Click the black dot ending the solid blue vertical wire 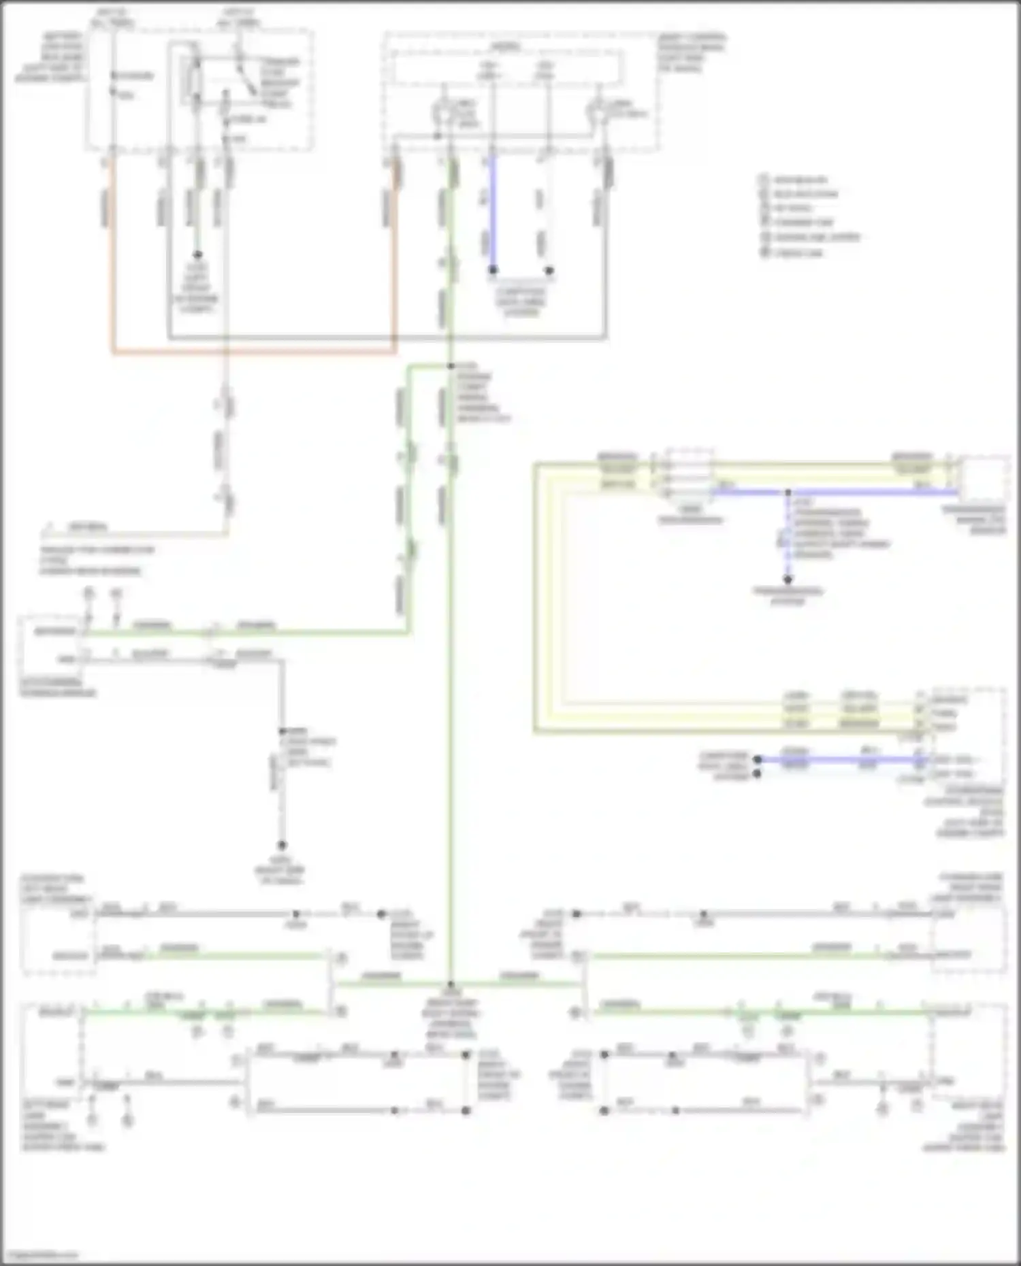pyautogui.click(x=493, y=270)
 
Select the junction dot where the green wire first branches pyautogui.click(x=450, y=367)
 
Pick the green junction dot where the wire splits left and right pyautogui.click(x=450, y=984)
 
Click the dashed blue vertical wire pyautogui.click(x=788, y=537)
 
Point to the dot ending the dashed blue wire pyautogui.click(x=788, y=580)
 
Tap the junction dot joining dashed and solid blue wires pyautogui.click(x=788, y=492)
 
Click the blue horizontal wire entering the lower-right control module pyautogui.click(x=837, y=759)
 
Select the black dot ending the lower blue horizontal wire pyautogui.click(x=757, y=759)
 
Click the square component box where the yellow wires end pyautogui.click(x=984, y=480)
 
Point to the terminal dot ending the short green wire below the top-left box pyautogui.click(x=197, y=255)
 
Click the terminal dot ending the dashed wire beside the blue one pyautogui.click(x=549, y=270)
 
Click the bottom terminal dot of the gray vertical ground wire pyautogui.click(x=281, y=845)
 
